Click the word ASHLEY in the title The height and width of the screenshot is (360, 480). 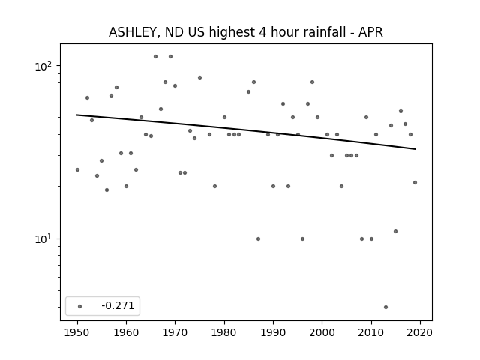click(x=133, y=32)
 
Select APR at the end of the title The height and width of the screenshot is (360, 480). click(x=370, y=31)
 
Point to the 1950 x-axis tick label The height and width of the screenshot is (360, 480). click(x=77, y=332)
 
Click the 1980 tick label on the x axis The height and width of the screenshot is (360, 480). click(x=224, y=332)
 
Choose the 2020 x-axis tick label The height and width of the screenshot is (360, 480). click(x=420, y=332)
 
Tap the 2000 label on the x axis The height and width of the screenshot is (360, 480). click(x=322, y=332)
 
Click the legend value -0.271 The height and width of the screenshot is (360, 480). click(x=118, y=305)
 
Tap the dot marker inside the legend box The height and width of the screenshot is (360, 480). click(x=80, y=306)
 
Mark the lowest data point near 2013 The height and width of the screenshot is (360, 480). click(x=385, y=307)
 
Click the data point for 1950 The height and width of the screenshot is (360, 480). click(x=77, y=170)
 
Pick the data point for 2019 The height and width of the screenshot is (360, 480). click(x=415, y=183)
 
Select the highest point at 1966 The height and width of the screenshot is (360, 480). click(x=155, y=57)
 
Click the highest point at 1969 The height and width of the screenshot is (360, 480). click(x=170, y=57)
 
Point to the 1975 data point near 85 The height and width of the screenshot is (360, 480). click(x=200, y=78)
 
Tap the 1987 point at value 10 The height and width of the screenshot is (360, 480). click(x=258, y=238)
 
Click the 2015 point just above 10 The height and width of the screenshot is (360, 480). click(x=395, y=232)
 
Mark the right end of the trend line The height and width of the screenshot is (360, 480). click(x=415, y=149)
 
